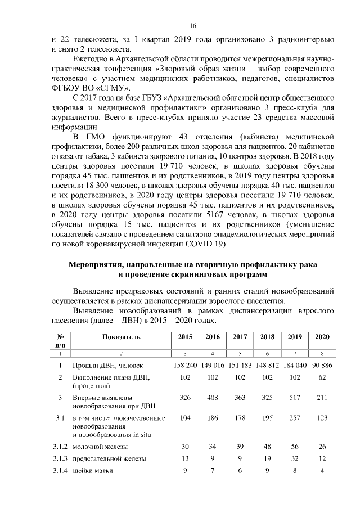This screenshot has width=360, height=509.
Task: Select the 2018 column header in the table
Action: (x=267, y=337)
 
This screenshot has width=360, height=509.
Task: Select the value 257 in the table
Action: (x=295, y=418)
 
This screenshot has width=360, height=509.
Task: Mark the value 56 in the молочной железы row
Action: (x=295, y=447)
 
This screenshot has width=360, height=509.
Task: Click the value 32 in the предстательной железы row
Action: (x=295, y=458)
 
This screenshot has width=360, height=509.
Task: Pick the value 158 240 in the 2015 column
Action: (x=184, y=366)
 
